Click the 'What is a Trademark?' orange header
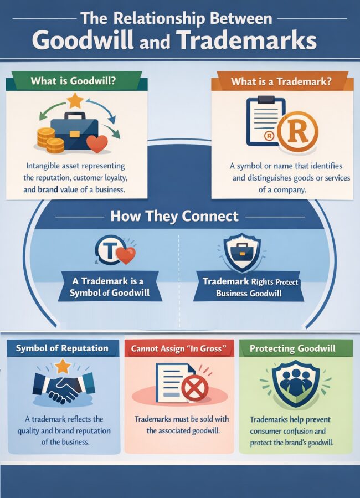(281, 81)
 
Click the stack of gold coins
(50, 140)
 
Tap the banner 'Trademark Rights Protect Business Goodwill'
(250, 287)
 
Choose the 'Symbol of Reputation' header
(62, 348)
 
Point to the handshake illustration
(63, 386)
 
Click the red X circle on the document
(194, 388)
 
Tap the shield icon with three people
(295, 383)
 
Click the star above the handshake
(63, 366)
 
